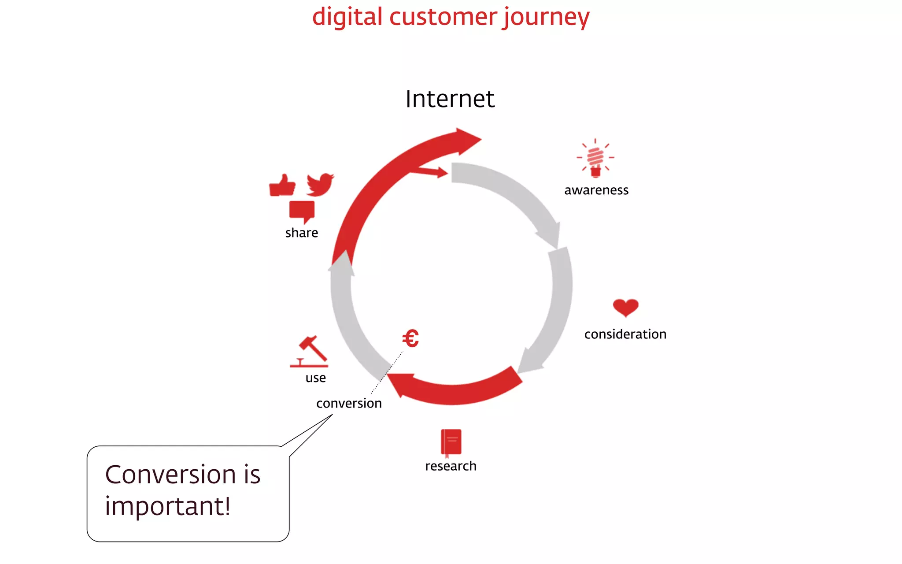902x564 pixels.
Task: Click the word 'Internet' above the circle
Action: coord(450,99)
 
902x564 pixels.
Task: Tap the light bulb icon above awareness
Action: coord(595,158)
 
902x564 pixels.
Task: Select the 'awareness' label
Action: coord(596,190)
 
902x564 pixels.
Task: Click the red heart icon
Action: coord(625,308)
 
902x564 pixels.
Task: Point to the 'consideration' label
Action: coord(625,334)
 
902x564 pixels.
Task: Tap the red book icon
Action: coord(451,442)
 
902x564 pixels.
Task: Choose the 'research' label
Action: coord(451,466)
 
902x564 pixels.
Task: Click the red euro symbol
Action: coord(410,339)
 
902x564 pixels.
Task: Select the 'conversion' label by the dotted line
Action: coord(349,404)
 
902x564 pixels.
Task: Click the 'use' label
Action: coord(315,378)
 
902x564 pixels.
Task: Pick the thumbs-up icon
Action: coord(282,185)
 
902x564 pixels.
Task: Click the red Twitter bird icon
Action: coord(320,184)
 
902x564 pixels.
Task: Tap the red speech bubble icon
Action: coord(302,211)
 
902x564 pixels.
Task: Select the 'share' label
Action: coord(301,233)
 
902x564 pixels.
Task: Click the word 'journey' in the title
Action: coord(546,18)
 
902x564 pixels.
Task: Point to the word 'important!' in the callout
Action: coord(168,506)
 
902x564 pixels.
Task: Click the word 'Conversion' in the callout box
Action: coord(170,475)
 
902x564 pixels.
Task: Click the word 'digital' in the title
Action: coord(347,18)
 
